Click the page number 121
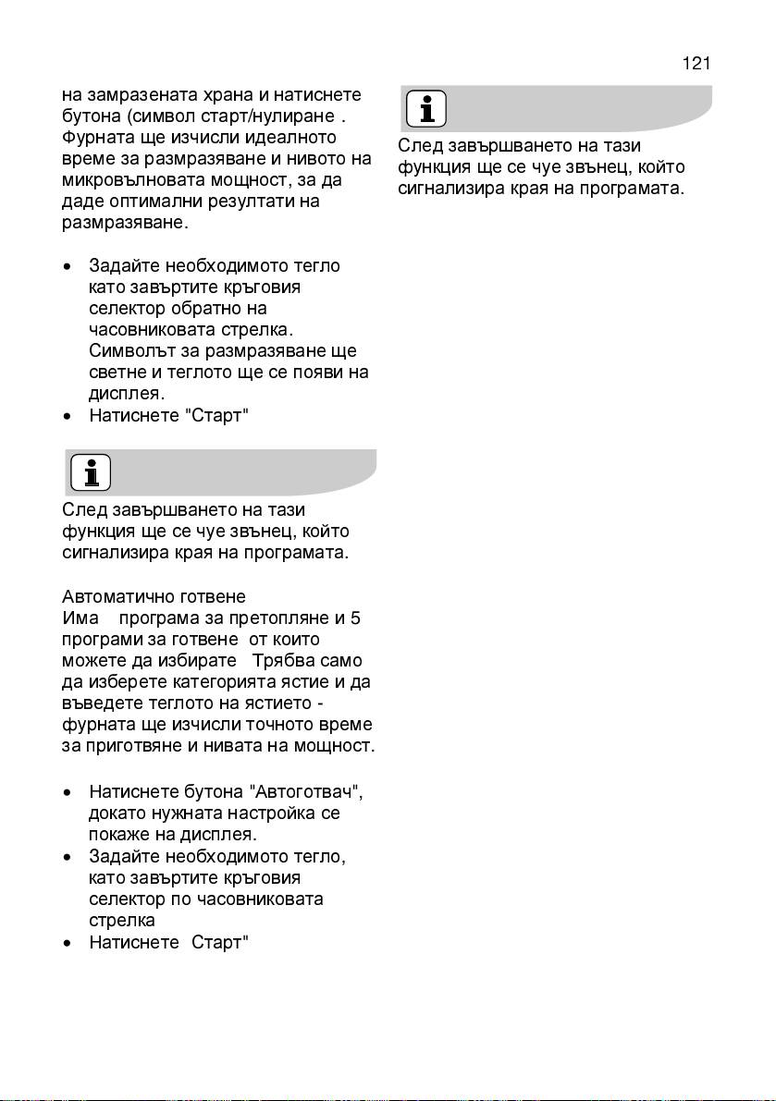pyautogui.click(x=696, y=64)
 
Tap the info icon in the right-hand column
pyautogui.click(x=426, y=109)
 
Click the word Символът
pyautogui.click(x=127, y=351)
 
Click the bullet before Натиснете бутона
pyautogui.click(x=68, y=793)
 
